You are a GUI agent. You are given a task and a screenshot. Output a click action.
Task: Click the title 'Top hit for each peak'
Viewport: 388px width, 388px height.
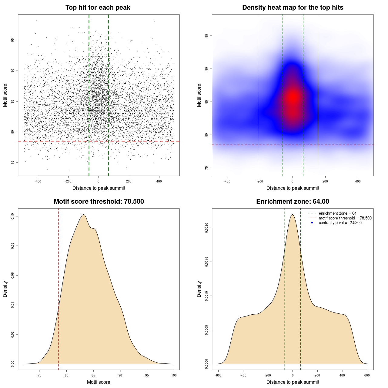point(98,8)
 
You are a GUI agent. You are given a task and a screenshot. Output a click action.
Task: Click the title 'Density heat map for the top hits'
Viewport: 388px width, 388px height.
point(293,8)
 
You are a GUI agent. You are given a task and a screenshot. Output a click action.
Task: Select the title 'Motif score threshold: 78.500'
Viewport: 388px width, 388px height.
point(99,202)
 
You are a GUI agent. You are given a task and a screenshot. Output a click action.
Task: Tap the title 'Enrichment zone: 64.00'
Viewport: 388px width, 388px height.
point(293,202)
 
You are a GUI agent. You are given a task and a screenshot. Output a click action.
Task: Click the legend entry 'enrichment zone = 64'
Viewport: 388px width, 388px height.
point(337,213)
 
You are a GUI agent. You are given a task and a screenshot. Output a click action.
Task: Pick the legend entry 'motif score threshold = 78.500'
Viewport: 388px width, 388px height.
point(345,218)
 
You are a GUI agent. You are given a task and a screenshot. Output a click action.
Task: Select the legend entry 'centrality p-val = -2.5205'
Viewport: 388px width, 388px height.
point(340,223)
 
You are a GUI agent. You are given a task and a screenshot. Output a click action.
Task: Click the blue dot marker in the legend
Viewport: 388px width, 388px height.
point(312,223)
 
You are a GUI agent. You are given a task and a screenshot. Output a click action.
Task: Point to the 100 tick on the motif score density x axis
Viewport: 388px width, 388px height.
point(174,375)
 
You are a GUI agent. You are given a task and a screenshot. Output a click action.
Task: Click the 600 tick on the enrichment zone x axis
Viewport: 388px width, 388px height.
point(367,375)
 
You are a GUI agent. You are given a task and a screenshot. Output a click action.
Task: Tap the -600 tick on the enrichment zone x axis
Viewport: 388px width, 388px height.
point(218,375)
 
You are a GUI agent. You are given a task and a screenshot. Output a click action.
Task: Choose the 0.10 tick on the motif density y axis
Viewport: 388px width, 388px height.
point(13,216)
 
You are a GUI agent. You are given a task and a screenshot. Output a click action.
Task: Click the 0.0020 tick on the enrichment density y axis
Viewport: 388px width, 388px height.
point(207,228)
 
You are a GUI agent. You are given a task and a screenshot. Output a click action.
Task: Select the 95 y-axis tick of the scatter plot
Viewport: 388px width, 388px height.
point(13,40)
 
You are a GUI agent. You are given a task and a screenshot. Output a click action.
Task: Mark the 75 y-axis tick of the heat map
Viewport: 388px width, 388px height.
point(207,168)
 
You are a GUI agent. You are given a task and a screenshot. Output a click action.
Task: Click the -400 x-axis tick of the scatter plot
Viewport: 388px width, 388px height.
point(38,181)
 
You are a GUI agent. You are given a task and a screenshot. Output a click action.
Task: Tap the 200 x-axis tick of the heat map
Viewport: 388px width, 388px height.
point(325,181)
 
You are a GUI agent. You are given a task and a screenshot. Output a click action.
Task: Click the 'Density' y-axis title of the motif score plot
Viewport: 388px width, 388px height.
point(5,289)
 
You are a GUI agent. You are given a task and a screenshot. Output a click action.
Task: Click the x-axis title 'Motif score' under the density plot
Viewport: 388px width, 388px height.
point(99,382)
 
